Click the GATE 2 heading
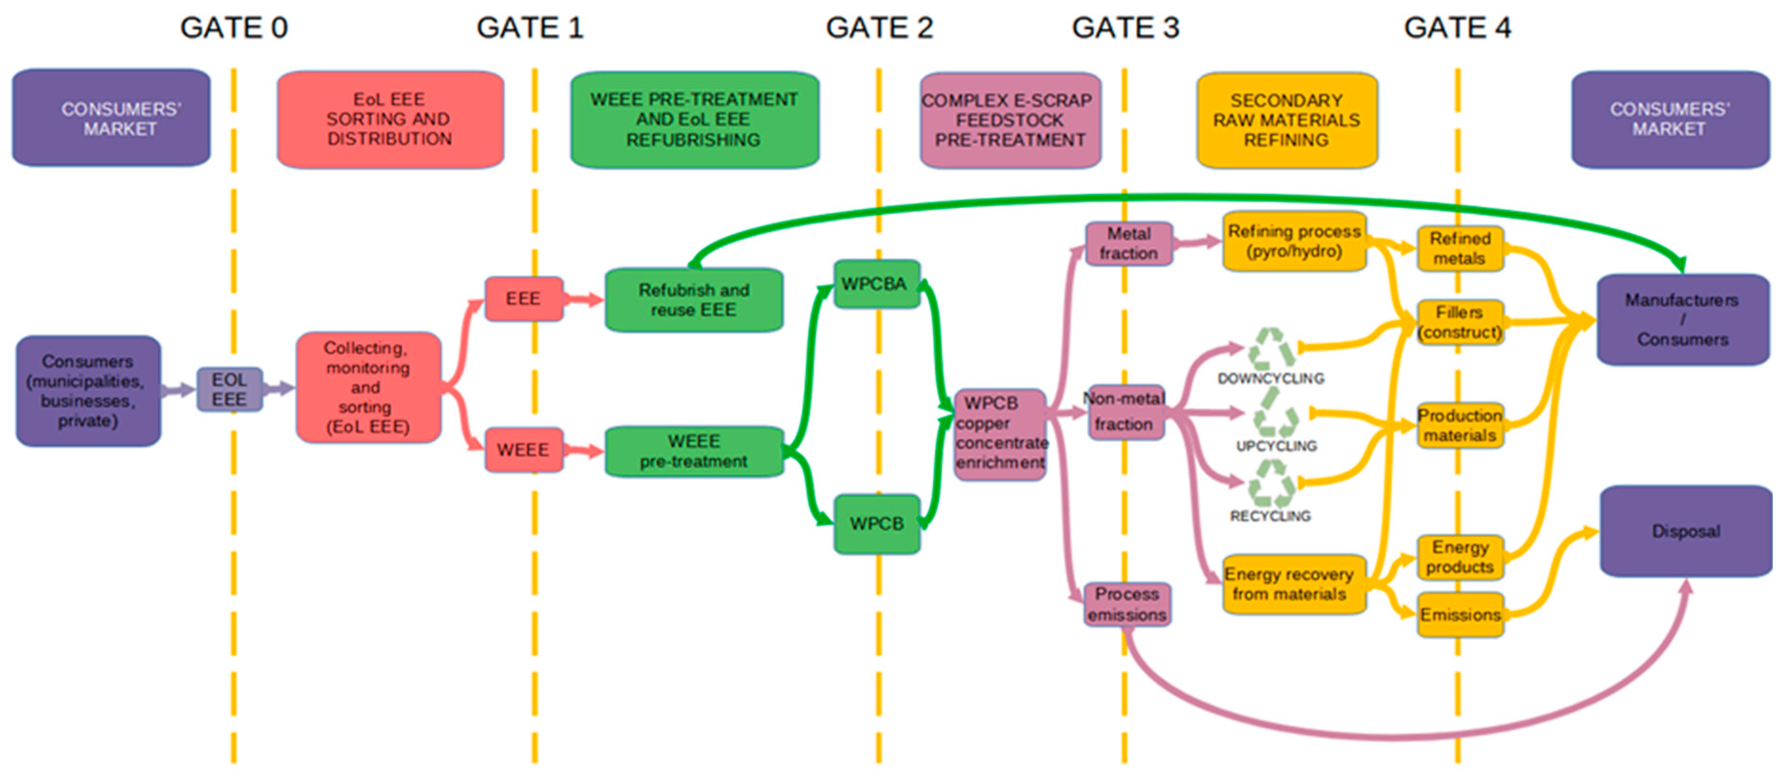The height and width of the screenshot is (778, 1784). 879,28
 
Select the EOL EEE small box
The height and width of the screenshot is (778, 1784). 229,389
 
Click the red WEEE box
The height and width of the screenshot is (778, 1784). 523,450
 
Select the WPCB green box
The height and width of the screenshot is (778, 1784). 877,524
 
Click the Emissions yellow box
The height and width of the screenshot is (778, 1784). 1460,615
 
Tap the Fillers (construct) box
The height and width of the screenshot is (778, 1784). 1460,322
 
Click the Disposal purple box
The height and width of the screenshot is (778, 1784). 1685,532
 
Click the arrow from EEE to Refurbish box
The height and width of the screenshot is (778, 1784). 583,300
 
